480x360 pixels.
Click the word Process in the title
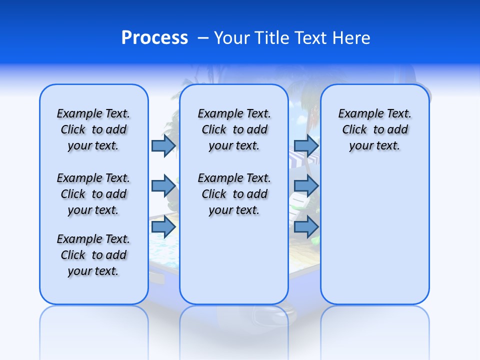(x=154, y=37)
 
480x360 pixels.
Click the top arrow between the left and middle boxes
(x=163, y=145)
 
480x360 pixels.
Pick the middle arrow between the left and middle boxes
(x=163, y=186)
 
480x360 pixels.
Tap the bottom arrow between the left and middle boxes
(x=163, y=227)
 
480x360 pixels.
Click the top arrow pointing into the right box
(x=306, y=145)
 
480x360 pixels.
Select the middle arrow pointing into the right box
(x=306, y=186)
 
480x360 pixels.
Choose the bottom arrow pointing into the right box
(x=306, y=227)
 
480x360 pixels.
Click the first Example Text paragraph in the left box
(x=93, y=129)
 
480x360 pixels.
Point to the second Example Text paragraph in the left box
(x=93, y=194)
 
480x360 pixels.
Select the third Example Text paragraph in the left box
(x=93, y=255)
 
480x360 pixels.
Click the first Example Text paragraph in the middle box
(x=234, y=129)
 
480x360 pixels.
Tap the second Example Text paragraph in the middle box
(x=234, y=194)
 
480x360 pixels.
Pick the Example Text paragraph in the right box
(x=374, y=129)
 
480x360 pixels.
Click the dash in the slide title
(x=203, y=38)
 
